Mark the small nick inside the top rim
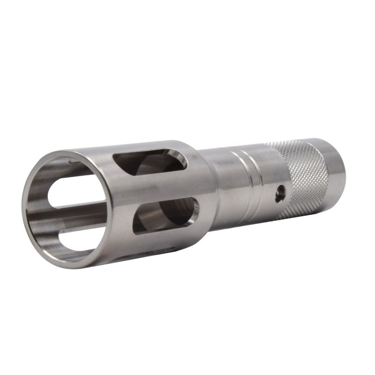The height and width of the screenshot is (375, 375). click(70, 162)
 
